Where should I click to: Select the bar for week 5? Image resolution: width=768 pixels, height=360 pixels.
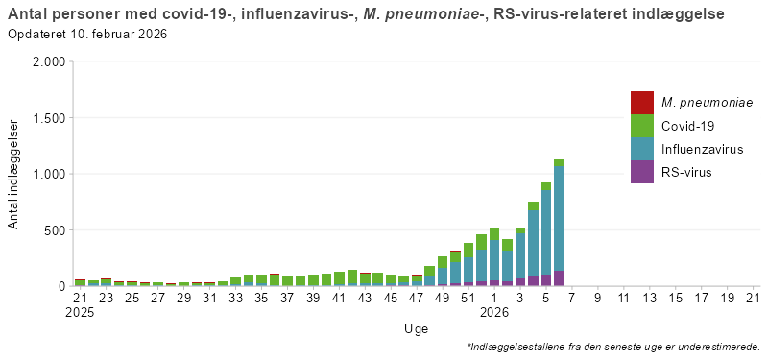click(546, 234)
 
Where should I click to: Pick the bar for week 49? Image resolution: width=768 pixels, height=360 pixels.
click(443, 272)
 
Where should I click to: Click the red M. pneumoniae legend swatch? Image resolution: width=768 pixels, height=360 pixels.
click(642, 103)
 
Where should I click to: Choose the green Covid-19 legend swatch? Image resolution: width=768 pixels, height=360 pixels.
click(642, 126)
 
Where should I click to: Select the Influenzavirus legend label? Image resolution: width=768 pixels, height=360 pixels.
click(702, 149)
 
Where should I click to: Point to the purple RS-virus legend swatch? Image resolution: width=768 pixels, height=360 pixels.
click(642, 172)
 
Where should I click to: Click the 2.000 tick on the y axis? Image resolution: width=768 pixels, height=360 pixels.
click(48, 62)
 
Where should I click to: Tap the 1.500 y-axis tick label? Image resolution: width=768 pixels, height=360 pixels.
click(48, 118)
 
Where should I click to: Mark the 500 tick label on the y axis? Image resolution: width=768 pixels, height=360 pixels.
click(53, 230)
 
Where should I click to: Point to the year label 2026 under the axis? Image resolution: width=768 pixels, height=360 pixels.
click(494, 313)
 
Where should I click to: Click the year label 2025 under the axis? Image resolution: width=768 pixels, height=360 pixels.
click(81, 313)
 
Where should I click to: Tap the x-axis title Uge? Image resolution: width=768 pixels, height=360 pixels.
click(416, 329)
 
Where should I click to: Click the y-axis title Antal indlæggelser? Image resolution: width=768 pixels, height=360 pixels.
click(13, 174)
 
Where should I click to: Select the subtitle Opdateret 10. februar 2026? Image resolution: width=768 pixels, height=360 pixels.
click(87, 35)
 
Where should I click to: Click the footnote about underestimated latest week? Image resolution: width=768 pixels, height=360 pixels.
click(613, 347)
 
